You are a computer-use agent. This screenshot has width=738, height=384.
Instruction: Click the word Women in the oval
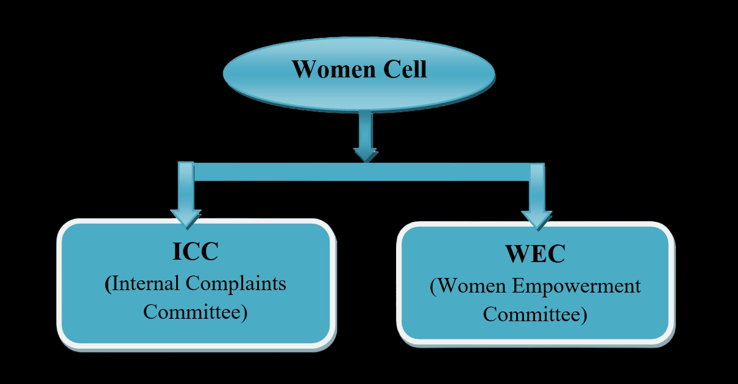click(x=334, y=69)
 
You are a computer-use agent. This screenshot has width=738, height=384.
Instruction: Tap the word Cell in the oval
click(x=405, y=69)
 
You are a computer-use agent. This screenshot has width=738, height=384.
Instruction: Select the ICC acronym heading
click(x=196, y=252)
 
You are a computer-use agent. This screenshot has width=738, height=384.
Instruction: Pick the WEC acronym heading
click(x=536, y=254)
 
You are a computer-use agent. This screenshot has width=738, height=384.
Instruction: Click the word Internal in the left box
click(x=146, y=283)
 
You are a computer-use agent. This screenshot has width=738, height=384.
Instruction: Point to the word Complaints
click(x=236, y=284)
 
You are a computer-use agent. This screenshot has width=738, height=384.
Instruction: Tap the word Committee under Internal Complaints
click(x=193, y=311)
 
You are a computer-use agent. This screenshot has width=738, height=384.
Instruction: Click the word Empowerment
click(x=577, y=286)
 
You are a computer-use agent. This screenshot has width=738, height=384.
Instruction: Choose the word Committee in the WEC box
click(x=532, y=314)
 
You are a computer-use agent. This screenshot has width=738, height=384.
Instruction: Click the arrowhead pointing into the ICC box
click(x=186, y=219)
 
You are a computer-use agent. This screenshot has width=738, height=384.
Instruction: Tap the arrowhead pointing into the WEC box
click(x=537, y=221)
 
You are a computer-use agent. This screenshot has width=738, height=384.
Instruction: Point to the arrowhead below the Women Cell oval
click(x=366, y=155)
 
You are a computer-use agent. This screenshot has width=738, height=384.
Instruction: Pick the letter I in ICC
click(x=177, y=252)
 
